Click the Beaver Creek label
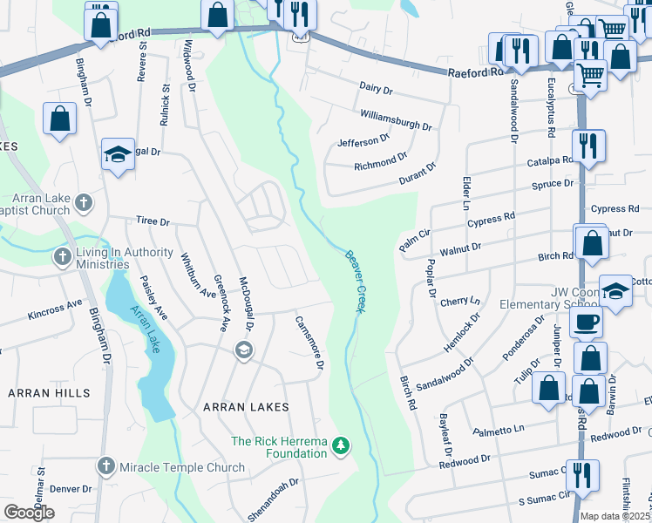click(x=354, y=281)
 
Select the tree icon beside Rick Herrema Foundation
click(x=342, y=447)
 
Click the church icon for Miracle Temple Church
click(x=106, y=467)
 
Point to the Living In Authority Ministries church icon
click(x=62, y=257)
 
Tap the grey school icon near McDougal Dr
click(x=243, y=350)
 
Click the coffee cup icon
click(x=586, y=323)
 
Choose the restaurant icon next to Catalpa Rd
click(x=587, y=146)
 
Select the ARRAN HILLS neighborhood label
click(x=49, y=393)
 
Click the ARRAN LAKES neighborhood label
click(x=246, y=407)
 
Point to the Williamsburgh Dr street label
click(x=396, y=120)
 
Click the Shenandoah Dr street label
click(x=270, y=493)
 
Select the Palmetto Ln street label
click(x=499, y=430)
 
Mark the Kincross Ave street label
click(x=54, y=309)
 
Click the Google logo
click(x=29, y=513)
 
